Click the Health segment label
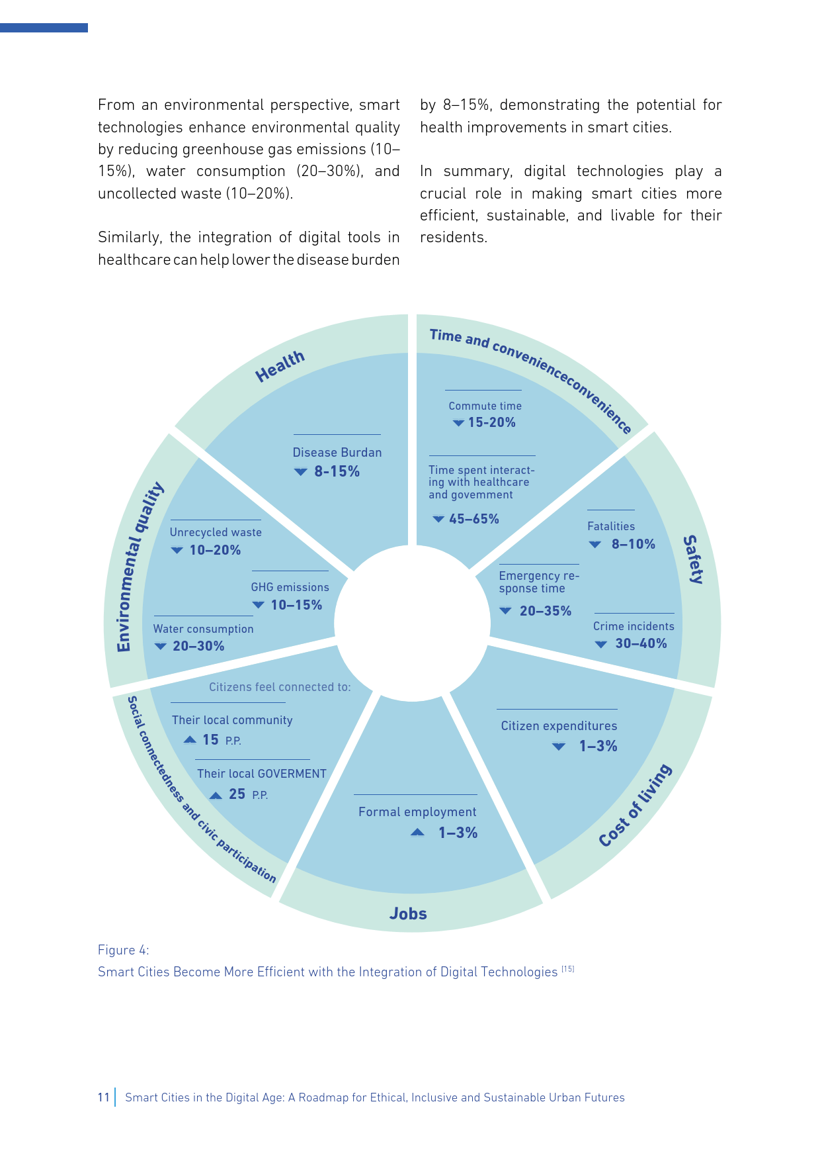[280, 366]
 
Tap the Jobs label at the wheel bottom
[408, 914]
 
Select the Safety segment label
[692, 559]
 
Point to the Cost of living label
[635, 805]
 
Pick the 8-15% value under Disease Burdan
[337, 471]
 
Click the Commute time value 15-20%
[491, 422]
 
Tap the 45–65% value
[473, 519]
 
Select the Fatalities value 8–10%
[633, 544]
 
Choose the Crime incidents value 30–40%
[641, 643]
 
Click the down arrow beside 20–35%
[505, 611]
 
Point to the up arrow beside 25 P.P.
[216, 795]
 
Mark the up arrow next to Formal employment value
[417, 833]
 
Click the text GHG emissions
[290, 587]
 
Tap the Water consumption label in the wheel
[203, 629]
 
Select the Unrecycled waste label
[216, 532]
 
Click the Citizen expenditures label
[559, 726]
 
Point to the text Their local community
[232, 720]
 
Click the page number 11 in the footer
[103, 1097]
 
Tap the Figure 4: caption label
[124, 950]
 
